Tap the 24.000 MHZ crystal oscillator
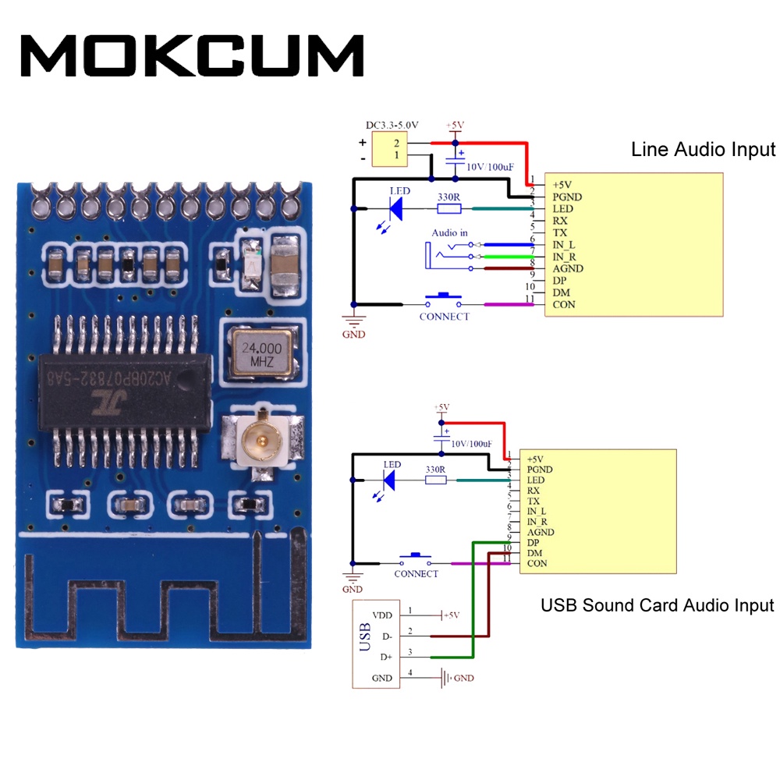[x=260, y=353]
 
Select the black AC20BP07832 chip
[x=125, y=392]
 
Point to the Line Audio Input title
[x=703, y=150]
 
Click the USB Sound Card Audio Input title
[x=657, y=605]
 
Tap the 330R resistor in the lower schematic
[x=435, y=480]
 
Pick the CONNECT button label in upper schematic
[x=444, y=317]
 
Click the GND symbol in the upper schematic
[x=356, y=323]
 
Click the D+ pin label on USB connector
[x=387, y=658]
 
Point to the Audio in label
[x=450, y=233]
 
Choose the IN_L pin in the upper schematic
[x=564, y=245]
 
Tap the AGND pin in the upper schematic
[x=567, y=269]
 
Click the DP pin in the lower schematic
[x=534, y=543]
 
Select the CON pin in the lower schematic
[x=537, y=564]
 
